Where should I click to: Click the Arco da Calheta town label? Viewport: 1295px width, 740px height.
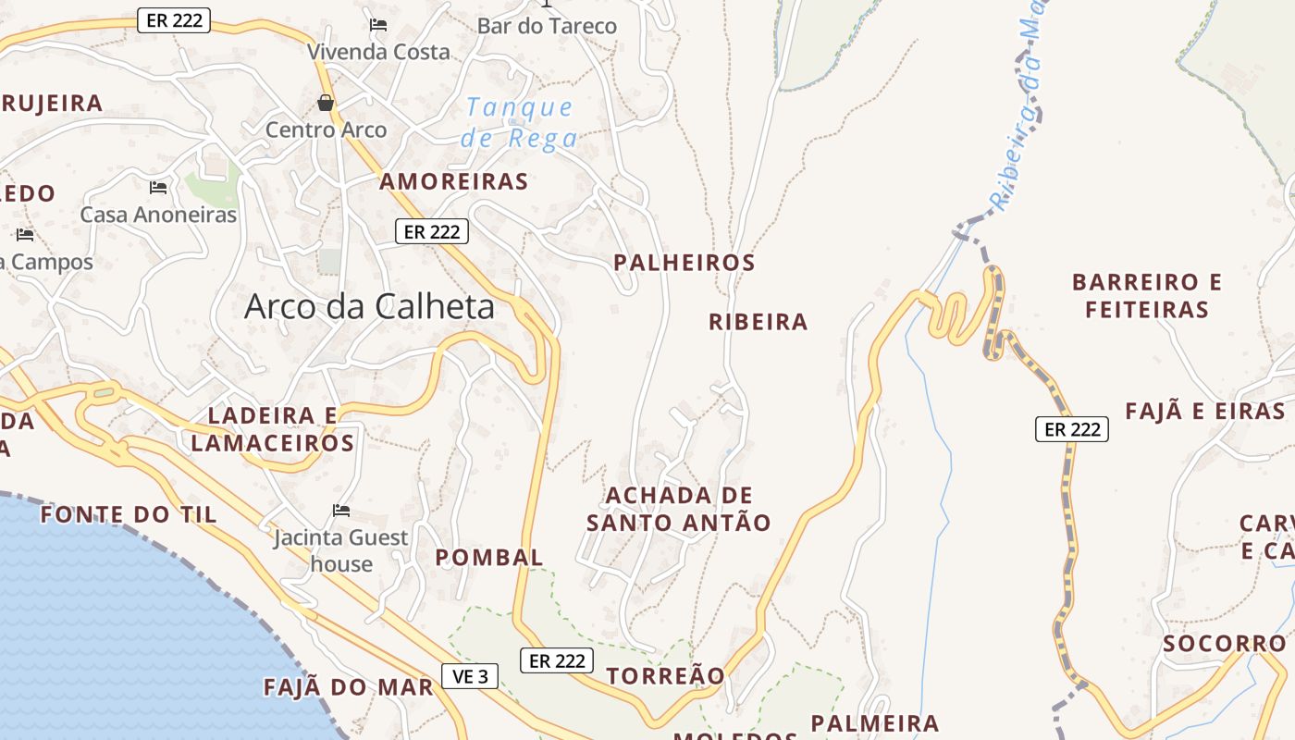(369, 307)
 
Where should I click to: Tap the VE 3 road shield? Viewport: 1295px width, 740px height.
(470, 676)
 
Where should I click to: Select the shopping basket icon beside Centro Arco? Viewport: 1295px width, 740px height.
(325, 102)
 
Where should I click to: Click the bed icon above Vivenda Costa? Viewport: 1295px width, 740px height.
(377, 25)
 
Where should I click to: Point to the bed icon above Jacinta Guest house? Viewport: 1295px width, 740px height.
(341, 510)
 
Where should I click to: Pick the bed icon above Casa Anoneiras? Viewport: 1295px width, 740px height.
(158, 188)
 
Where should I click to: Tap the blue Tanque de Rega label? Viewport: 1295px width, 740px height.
(519, 123)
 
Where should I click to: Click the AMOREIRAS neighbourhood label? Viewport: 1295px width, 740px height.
(453, 181)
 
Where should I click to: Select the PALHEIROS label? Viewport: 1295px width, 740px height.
(684, 263)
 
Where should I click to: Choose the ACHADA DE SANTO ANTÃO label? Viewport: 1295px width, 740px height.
(679, 510)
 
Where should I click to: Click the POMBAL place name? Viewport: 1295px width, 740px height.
(489, 557)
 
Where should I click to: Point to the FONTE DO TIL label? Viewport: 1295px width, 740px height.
(129, 514)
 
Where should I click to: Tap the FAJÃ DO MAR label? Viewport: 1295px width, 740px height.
(349, 687)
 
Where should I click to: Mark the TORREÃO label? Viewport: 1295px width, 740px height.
(666, 675)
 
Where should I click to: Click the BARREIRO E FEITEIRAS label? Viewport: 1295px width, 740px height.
(1147, 295)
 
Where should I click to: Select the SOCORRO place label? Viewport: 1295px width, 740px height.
(1225, 643)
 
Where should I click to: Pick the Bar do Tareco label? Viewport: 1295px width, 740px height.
(547, 26)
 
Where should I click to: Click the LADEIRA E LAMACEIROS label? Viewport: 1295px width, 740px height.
(272, 429)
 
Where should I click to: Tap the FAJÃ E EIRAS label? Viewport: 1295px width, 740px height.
(1205, 412)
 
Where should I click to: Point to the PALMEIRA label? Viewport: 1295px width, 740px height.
(875, 722)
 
